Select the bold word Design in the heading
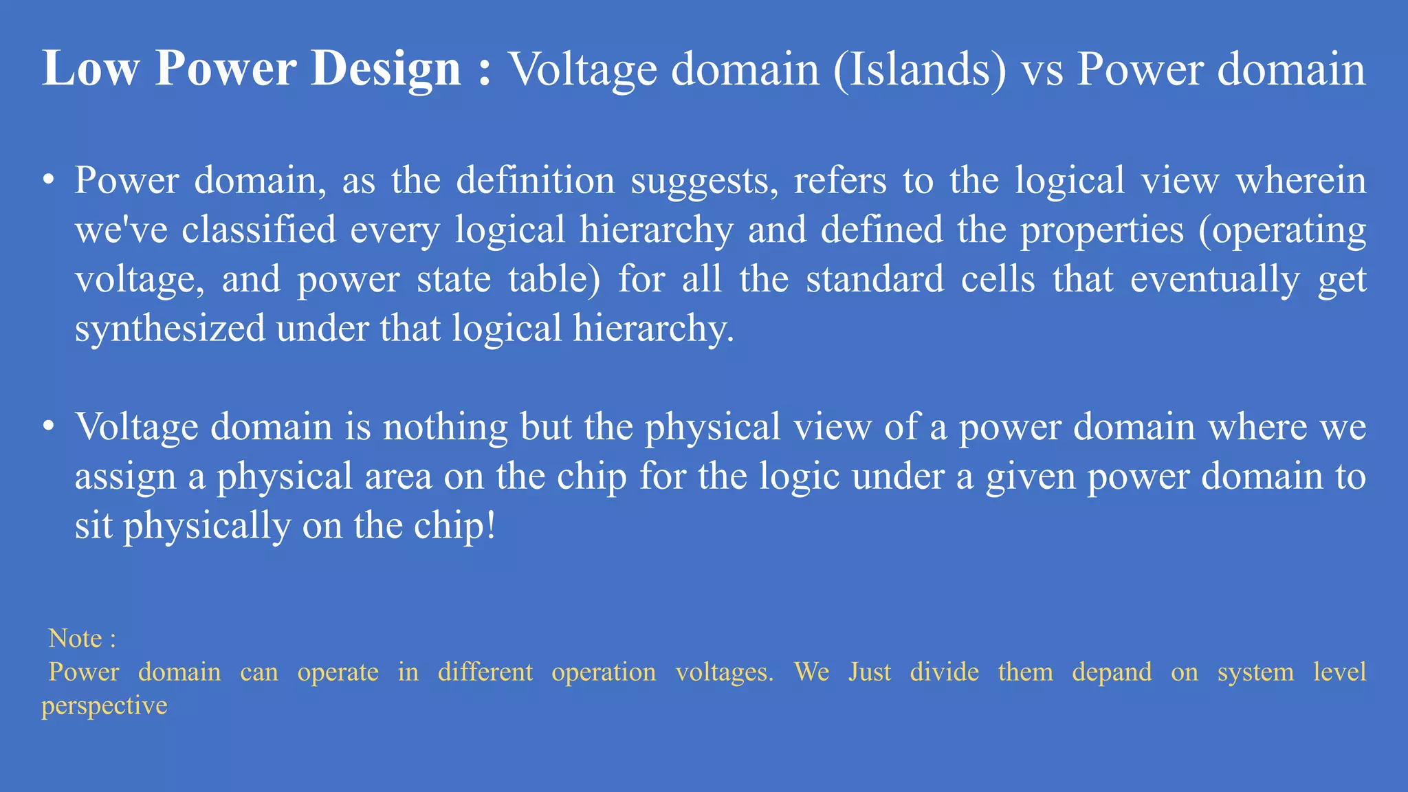[385, 69]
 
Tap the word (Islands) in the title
[920, 69]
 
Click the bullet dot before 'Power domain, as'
[47, 180]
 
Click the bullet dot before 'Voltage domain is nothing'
[47, 426]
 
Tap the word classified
[258, 230]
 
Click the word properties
[1101, 230]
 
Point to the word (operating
[1282, 230]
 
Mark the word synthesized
[170, 329]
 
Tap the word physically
[206, 527]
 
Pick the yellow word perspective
[104, 706]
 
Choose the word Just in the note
[870, 672]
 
